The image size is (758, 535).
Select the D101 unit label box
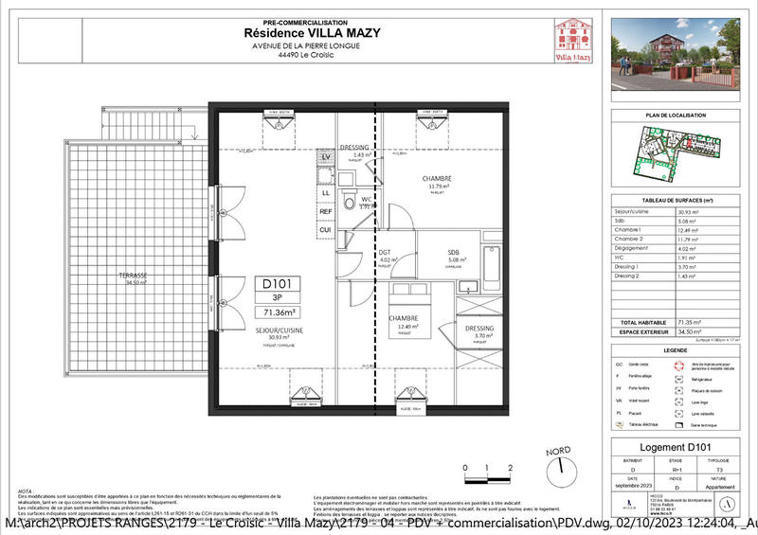(280, 281)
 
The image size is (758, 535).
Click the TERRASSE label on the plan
(132, 276)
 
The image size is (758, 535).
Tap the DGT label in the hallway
(385, 253)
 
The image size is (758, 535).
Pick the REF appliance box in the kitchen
(325, 211)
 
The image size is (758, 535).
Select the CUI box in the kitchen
(325, 230)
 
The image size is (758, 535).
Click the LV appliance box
(325, 156)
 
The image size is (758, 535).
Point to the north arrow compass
(566, 469)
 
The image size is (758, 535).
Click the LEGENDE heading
(677, 350)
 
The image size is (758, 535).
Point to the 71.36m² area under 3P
(280, 312)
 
